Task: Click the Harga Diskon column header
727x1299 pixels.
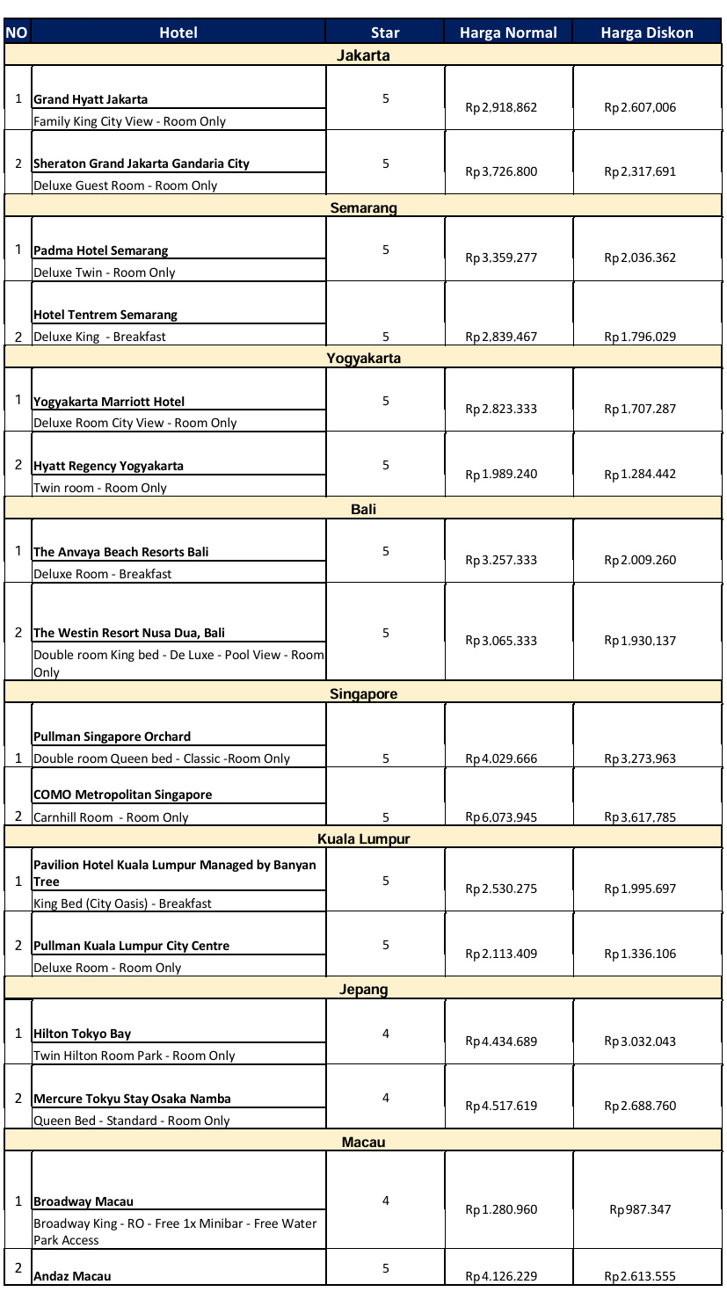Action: (647, 33)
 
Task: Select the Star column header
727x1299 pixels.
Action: (385, 33)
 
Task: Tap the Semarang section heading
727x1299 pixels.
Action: (363, 208)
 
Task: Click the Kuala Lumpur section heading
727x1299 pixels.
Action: (363, 838)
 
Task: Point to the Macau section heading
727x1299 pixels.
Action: (363, 1142)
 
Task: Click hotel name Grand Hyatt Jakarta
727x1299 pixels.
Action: (91, 99)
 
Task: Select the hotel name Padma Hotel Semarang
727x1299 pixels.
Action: (100, 250)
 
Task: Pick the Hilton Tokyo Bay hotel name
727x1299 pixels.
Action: (82, 1034)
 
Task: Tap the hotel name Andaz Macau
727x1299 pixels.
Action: (72, 1275)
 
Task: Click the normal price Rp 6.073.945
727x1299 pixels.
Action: (501, 817)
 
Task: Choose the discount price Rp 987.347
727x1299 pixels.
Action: (640, 1209)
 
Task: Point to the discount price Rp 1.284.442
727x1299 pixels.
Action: (640, 475)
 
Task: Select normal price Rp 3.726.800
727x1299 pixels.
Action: (501, 172)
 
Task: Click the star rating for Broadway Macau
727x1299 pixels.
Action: (385, 1201)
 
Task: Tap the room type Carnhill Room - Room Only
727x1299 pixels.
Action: (111, 817)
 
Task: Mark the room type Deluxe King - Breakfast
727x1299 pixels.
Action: (99, 337)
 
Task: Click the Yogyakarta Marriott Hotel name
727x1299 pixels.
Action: (109, 402)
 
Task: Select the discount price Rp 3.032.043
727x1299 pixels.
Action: (640, 1041)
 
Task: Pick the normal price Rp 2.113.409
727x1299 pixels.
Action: (501, 954)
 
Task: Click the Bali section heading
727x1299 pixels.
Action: (363, 509)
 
